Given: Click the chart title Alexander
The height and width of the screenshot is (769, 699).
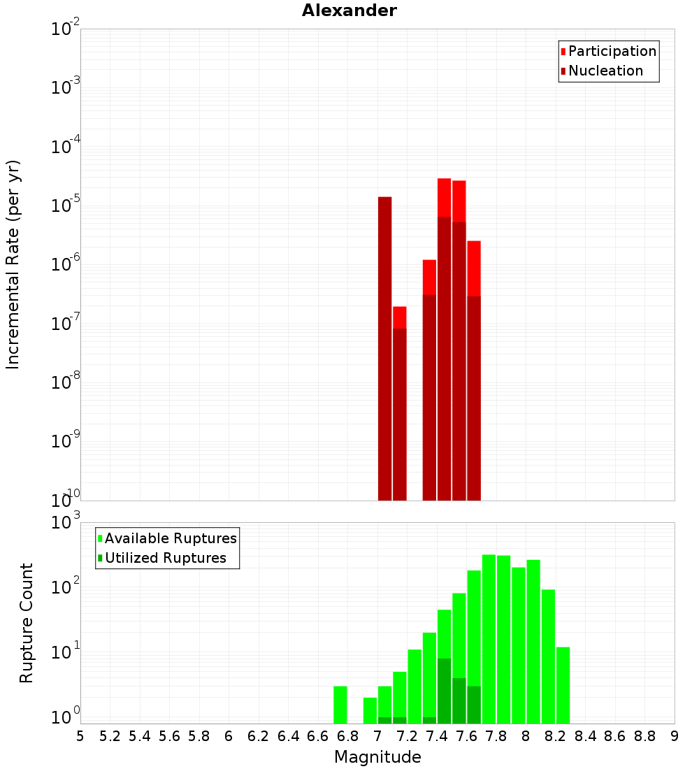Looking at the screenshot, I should (x=349, y=10).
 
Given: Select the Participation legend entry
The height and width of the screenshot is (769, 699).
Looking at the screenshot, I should (x=612, y=51).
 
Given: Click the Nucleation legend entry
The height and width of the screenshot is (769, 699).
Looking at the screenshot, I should (x=605, y=71).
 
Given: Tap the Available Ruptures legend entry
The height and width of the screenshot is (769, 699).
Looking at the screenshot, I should (x=170, y=538).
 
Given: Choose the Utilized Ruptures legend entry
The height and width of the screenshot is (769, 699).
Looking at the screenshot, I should (x=165, y=558).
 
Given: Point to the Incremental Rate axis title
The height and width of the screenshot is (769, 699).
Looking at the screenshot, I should (x=13, y=264).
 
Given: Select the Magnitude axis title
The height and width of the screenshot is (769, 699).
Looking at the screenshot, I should (x=377, y=757).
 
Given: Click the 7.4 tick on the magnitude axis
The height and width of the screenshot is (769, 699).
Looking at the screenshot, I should (x=437, y=736).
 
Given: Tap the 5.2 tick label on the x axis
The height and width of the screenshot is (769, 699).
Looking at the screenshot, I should (x=110, y=736).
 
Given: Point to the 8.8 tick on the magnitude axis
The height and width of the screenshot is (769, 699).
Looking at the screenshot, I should (x=644, y=736).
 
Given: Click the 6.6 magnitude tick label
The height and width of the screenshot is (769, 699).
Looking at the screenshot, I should (x=318, y=736).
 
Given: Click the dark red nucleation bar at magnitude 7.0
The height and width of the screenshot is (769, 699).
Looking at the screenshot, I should (x=384, y=350).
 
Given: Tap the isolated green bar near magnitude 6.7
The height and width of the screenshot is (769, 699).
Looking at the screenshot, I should (x=340, y=705).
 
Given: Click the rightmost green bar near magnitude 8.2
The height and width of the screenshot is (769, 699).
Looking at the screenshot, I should (x=563, y=685).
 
